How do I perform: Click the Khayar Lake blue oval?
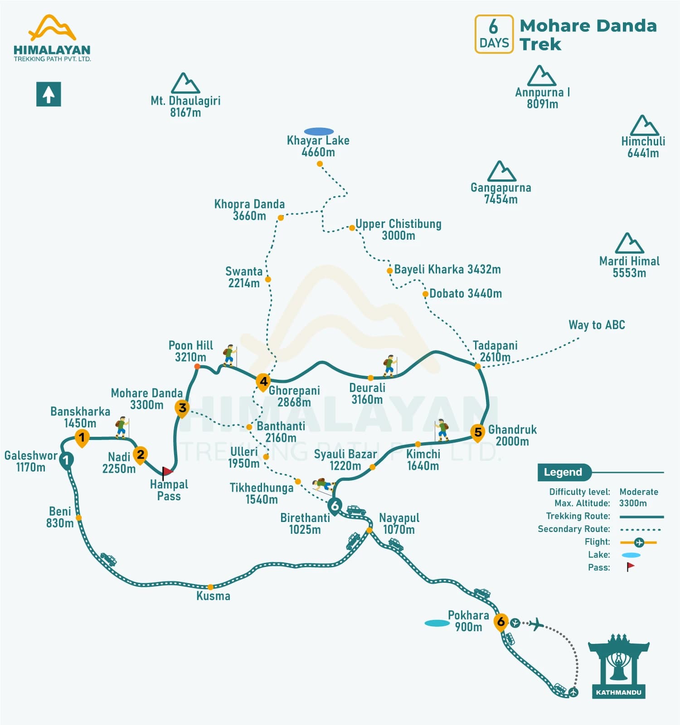click(319, 131)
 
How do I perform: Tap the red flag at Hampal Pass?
click(167, 472)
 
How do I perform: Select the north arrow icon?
click(49, 94)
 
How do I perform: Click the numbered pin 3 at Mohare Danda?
click(182, 408)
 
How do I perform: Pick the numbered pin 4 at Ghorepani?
click(263, 382)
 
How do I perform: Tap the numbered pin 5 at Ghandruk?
click(478, 432)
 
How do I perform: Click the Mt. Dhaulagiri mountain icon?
click(185, 83)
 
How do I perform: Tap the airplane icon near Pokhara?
click(536, 624)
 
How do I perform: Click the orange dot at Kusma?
click(210, 587)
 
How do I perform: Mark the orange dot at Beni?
click(78, 517)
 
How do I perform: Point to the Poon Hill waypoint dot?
click(197, 366)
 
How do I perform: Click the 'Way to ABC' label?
click(597, 325)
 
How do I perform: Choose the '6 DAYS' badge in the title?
click(494, 34)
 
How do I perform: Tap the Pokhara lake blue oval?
click(437, 623)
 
